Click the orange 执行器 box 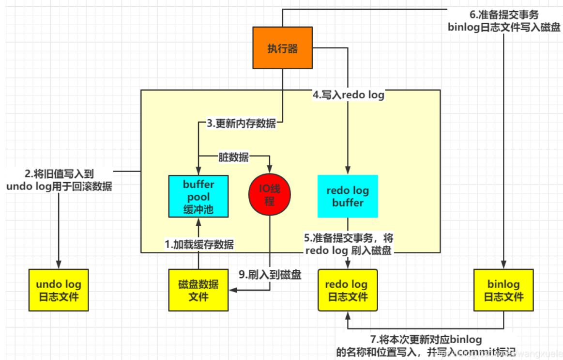click(x=282, y=48)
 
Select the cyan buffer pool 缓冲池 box click(x=198, y=197)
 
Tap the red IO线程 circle click(x=270, y=195)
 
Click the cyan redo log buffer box click(x=347, y=196)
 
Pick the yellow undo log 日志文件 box click(x=59, y=290)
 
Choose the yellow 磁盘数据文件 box click(x=198, y=290)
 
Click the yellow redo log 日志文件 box click(x=347, y=290)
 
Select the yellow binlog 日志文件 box click(x=504, y=290)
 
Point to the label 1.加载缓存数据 click(x=199, y=245)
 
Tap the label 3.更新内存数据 click(x=241, y=124)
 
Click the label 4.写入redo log click(x=348, y=95)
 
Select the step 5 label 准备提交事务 click(x=348, y=244)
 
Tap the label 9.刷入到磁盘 click(x=270, y=275)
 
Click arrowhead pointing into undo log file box click(x=59, y=265)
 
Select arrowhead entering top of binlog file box click(x=504, y=265)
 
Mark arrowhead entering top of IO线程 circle click(x=270, y=170)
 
